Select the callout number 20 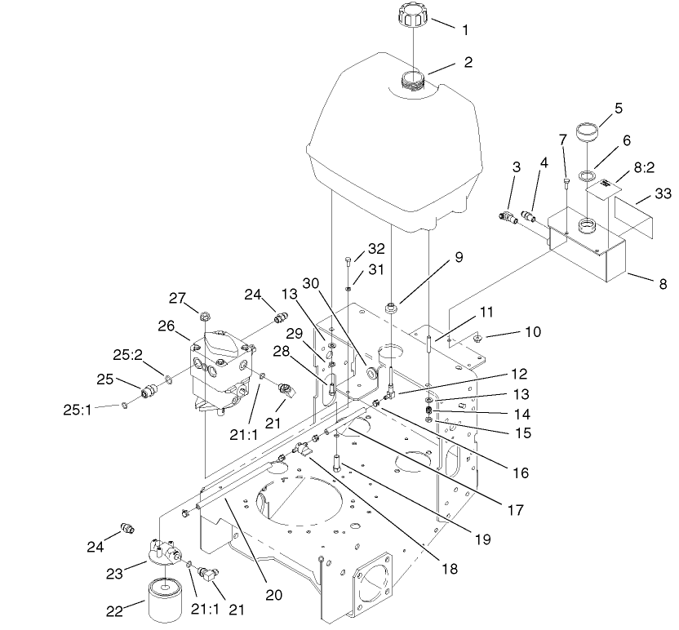273,595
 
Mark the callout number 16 520,473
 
